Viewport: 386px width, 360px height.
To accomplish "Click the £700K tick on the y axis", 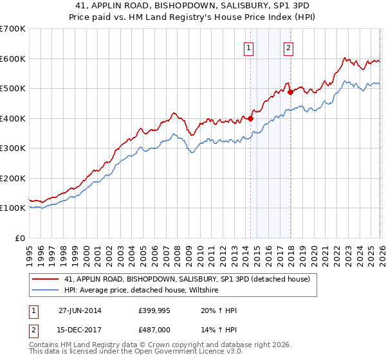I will [13, 29].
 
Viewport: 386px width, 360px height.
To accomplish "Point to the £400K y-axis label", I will [13, 118].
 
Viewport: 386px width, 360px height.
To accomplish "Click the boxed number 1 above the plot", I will [249, 47].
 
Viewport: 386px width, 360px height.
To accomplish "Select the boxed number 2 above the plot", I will [288, 47].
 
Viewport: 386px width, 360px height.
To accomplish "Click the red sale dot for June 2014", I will [250, 118].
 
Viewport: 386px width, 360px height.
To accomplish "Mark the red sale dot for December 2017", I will [290, 92].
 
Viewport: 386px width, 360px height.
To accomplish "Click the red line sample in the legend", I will [46, 280].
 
